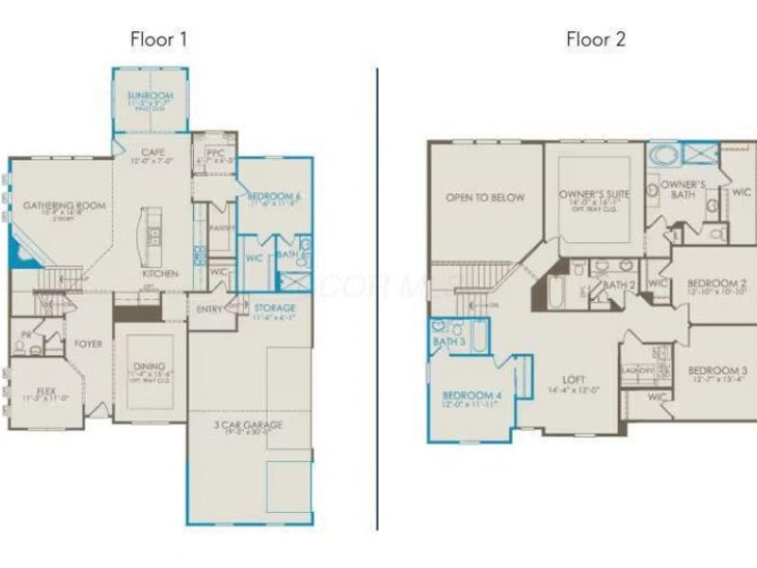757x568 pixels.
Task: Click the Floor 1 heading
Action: [x=158, y=40]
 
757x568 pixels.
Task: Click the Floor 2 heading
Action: [x=596, y=40]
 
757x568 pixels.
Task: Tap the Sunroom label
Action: [x=150, y=96]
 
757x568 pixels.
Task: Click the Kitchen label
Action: [x=160, y=274]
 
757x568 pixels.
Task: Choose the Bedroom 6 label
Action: [x=273, y=197]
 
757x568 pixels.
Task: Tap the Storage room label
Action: [x=275, y=308]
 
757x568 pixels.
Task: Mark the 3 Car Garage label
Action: [x=249, y=425]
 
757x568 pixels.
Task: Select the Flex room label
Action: [x=45, y=389]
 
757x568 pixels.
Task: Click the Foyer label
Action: [x=89, y=344]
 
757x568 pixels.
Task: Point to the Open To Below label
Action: [x=484, y=197]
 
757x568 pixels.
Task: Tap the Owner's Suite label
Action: [x=594, y=193]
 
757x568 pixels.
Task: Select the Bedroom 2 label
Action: [x=716, y=283]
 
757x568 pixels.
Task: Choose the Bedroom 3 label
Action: [x=717, y=370]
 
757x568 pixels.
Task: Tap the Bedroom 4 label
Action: [x=470, y=394]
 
